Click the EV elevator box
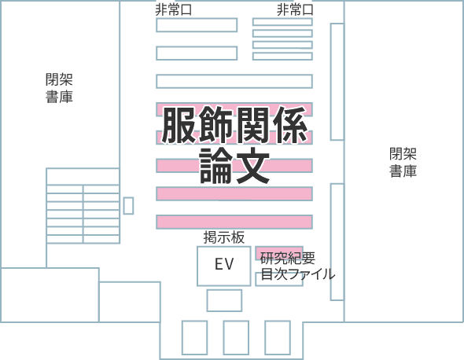tap(224, 266)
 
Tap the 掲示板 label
tap(224, 237)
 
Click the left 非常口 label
tap(174, 10)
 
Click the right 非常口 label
tap(295, 10)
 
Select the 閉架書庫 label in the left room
tap(59, 88)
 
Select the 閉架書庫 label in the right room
tap(403, 163)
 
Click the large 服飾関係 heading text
tap(234, 125)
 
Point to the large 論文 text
tap(234, 166)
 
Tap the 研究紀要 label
tap(288, 259)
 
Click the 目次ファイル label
tap(298, 274)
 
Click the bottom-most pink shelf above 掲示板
tap(234, 222)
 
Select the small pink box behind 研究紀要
tap(279, 253)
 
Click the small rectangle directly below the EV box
tap(224, 300)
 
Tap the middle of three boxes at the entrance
tap(236, 337)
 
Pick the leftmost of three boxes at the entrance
tap(194, 337)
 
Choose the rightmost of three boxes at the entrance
tap(278, 337)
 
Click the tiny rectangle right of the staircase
tap(128, 206)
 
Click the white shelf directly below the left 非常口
tap(197, 25)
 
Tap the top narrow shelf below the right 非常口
tap(282, 22)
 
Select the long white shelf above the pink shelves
tap(234, 81)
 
